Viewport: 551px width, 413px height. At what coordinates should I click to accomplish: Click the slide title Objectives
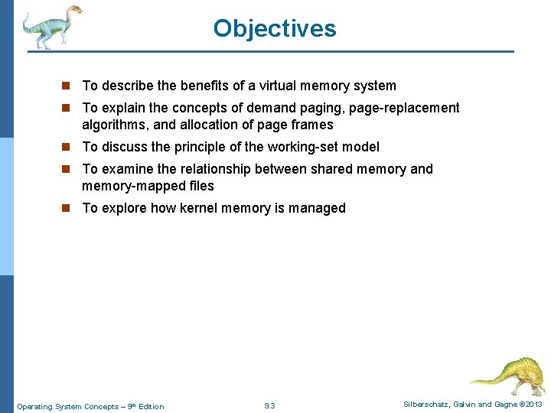tap(275, 28)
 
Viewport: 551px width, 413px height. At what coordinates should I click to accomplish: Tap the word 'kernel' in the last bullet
tap(201, 208)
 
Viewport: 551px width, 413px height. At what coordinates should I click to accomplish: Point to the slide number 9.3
tap(269, 406)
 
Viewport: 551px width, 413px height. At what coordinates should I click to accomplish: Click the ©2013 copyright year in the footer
tap(530, 404)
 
